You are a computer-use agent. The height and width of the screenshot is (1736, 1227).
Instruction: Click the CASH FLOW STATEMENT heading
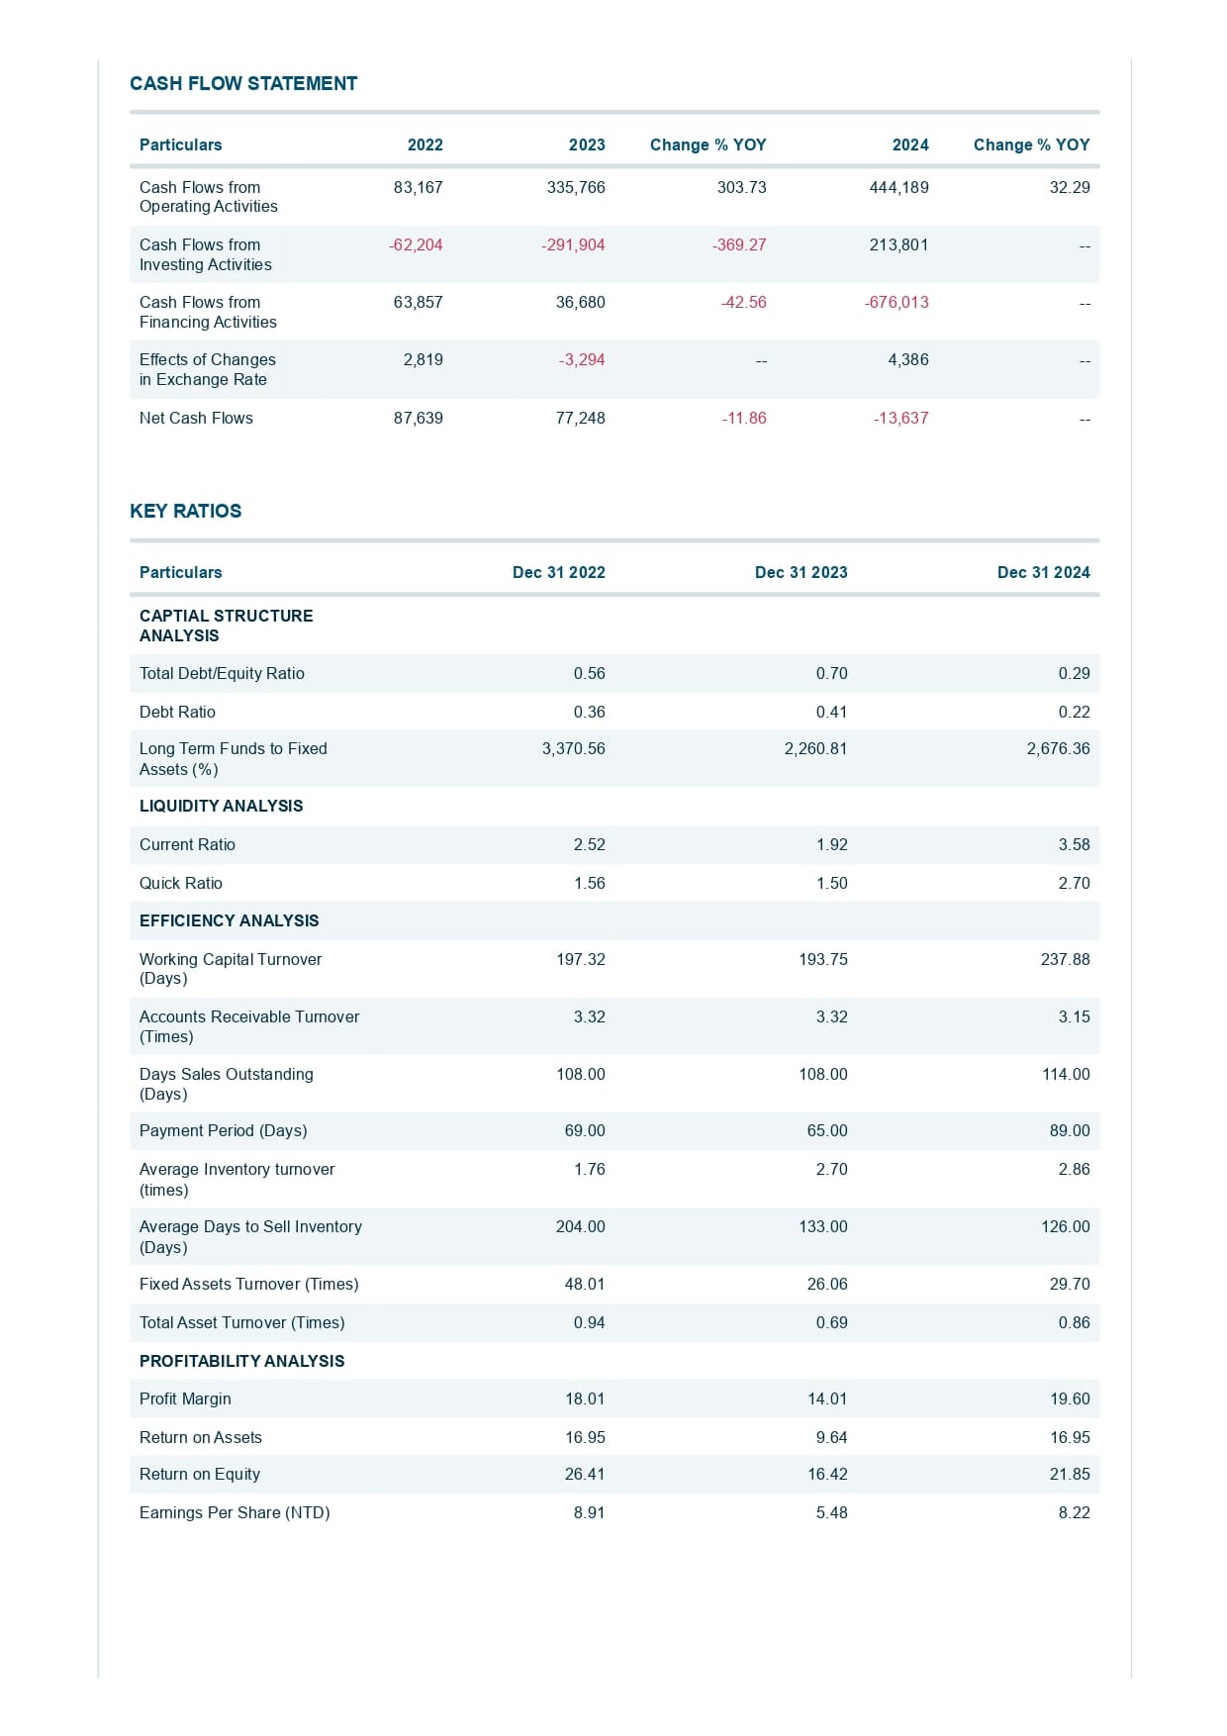pyautogui.click(x=243, y=84)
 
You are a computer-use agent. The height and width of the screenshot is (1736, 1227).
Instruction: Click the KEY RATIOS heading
pyautogui.click(x=186, y=512)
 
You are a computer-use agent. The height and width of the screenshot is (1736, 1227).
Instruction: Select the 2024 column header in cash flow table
pyautogui.click(x=910, y=145)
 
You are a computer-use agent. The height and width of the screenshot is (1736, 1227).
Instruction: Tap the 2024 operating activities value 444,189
pyautogui.click(x=898, y=188)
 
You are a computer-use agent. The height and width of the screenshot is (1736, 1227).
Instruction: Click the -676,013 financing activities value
pyautogui.click(x=897, y=303)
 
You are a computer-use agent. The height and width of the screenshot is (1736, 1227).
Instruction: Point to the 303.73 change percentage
pyautogui.click(x=741, y=188)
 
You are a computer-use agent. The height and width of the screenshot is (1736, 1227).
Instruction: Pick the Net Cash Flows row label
pyautogui.click(x=196, y=419)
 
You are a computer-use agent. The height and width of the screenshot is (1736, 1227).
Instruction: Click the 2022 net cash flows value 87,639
pyautogui.click(x=418, y=419)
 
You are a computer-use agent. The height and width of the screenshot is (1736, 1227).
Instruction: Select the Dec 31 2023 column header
pyautogui.click(x=801, y=573)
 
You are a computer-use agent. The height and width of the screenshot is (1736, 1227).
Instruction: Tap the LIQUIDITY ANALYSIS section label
pyautogui.click(x=221, y=807)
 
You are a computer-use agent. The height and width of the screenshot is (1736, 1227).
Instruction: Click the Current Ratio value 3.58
pyautogui.click(x=1074, y=845)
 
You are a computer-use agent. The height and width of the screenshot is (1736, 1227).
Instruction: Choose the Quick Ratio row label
pyautogui.click(x=181, y=884)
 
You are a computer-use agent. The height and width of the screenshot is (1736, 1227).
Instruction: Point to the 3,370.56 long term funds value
pyautogui.click(x=573, y=749)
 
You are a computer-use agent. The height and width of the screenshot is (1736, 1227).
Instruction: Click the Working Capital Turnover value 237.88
pyautogui.click(x=1065, y=960)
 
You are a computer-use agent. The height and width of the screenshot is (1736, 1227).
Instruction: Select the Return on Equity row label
pyautogui.click(x=200, y=1475)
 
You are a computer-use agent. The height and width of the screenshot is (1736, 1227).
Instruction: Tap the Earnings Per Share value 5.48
pyautogui.click(x=831, y=1513)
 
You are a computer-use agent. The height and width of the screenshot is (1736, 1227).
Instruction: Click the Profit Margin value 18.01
pyautogui.click(x=585, y=1399)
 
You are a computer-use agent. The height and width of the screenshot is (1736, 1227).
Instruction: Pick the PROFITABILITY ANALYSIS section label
pyautogui.click(x=241, y=1362)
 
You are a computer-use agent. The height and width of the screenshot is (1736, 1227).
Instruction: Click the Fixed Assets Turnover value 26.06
pyautogui.click(x=827, y=1285)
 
